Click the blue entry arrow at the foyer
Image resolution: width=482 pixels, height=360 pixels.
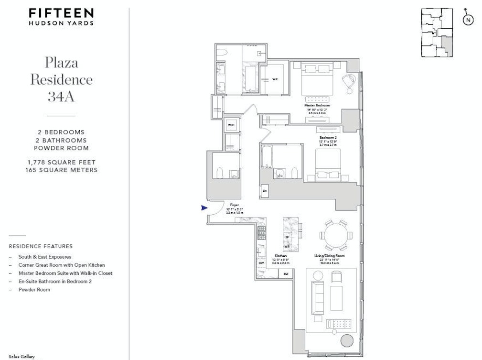[x=204, y=207]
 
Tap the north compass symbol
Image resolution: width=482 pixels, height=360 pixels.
[x=468, y=19]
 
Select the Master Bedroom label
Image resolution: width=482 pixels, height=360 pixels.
[x=317, y=105]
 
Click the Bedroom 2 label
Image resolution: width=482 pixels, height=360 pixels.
[x=328, y=137]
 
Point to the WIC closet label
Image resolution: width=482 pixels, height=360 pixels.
[x=275, y=79]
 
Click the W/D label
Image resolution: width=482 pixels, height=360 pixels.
[x=231, y=125]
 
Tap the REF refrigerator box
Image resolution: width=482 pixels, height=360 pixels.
[x=286, y=274]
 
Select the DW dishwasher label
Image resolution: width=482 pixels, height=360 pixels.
[x=261, y=263]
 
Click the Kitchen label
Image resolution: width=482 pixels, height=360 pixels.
[x=280, y=256]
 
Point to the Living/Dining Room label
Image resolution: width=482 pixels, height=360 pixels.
[x=330, y=256]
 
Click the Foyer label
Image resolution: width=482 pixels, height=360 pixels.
[x=234, y=205]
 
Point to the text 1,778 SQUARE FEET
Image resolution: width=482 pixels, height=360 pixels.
[x=61, y=163]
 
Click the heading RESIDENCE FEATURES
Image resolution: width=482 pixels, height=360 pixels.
[x=41, y=246]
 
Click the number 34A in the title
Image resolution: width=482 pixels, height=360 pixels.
[x=61, y=97]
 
